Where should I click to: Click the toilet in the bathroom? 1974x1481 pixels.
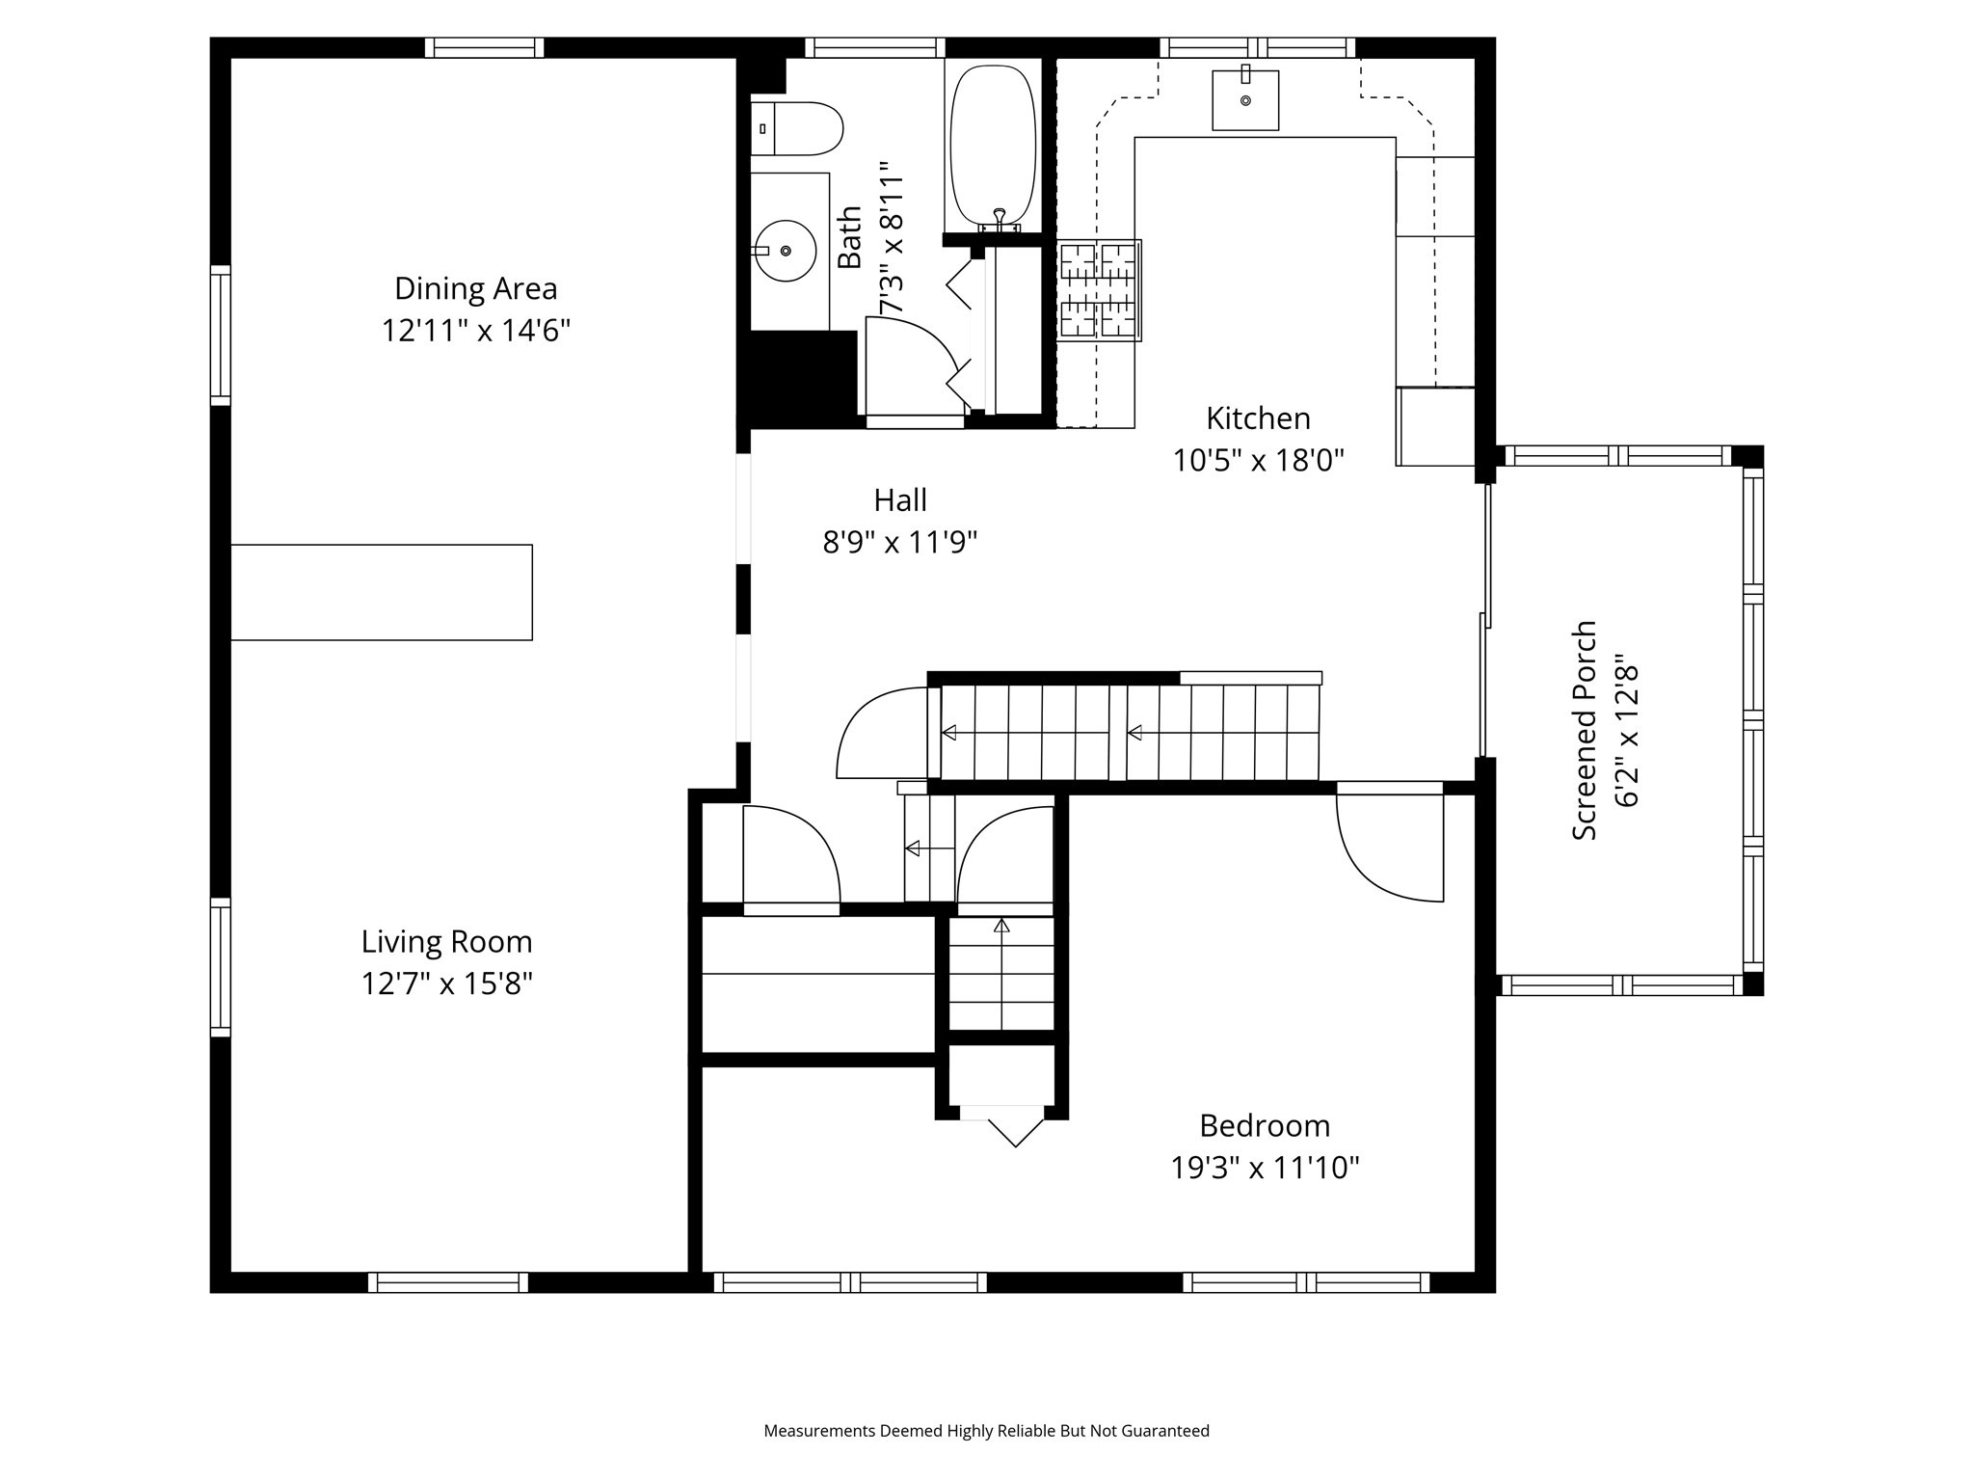798,129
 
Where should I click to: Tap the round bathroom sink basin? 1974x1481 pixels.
786,251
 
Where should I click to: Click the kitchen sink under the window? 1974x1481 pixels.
1245,100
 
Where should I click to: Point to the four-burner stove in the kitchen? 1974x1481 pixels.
1100,290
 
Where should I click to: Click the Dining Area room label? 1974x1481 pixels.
475,288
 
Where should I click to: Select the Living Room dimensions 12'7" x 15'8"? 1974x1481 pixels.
447,984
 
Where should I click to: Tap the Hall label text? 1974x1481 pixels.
900,500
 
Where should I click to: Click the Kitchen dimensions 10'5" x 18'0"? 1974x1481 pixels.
1258,461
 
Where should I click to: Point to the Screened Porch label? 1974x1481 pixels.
1585,730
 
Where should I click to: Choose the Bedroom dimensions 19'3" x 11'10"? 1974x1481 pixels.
1265,1169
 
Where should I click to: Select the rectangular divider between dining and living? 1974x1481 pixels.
382,592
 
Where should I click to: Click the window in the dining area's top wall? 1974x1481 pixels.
484,47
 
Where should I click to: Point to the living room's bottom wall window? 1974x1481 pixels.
448,1282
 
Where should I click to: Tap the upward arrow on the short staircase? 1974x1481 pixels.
1001,927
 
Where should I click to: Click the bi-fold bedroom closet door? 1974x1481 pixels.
1002,1126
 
